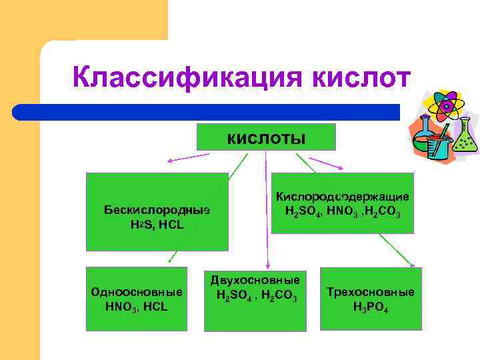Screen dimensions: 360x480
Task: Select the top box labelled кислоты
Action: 266,139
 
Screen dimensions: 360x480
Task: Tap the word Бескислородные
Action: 157,210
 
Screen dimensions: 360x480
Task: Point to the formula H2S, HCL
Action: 157,225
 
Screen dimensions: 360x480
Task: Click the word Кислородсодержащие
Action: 343,197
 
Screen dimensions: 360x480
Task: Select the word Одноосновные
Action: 137,292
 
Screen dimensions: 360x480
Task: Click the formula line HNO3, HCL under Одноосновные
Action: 137,307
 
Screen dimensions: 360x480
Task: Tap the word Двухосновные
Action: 255,280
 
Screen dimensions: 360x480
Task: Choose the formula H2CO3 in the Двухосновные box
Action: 279,295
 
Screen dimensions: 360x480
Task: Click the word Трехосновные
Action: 371,292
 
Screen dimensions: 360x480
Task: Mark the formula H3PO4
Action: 371,307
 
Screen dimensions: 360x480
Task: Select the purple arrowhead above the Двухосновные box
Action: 267,267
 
